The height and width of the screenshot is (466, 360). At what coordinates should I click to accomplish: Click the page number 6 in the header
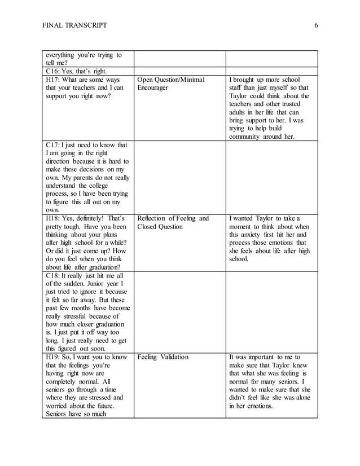click(317, 25)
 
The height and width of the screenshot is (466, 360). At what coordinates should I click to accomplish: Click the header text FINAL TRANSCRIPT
click(74, 25)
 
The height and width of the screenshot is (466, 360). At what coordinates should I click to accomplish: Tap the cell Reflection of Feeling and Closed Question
click(173, 222)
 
